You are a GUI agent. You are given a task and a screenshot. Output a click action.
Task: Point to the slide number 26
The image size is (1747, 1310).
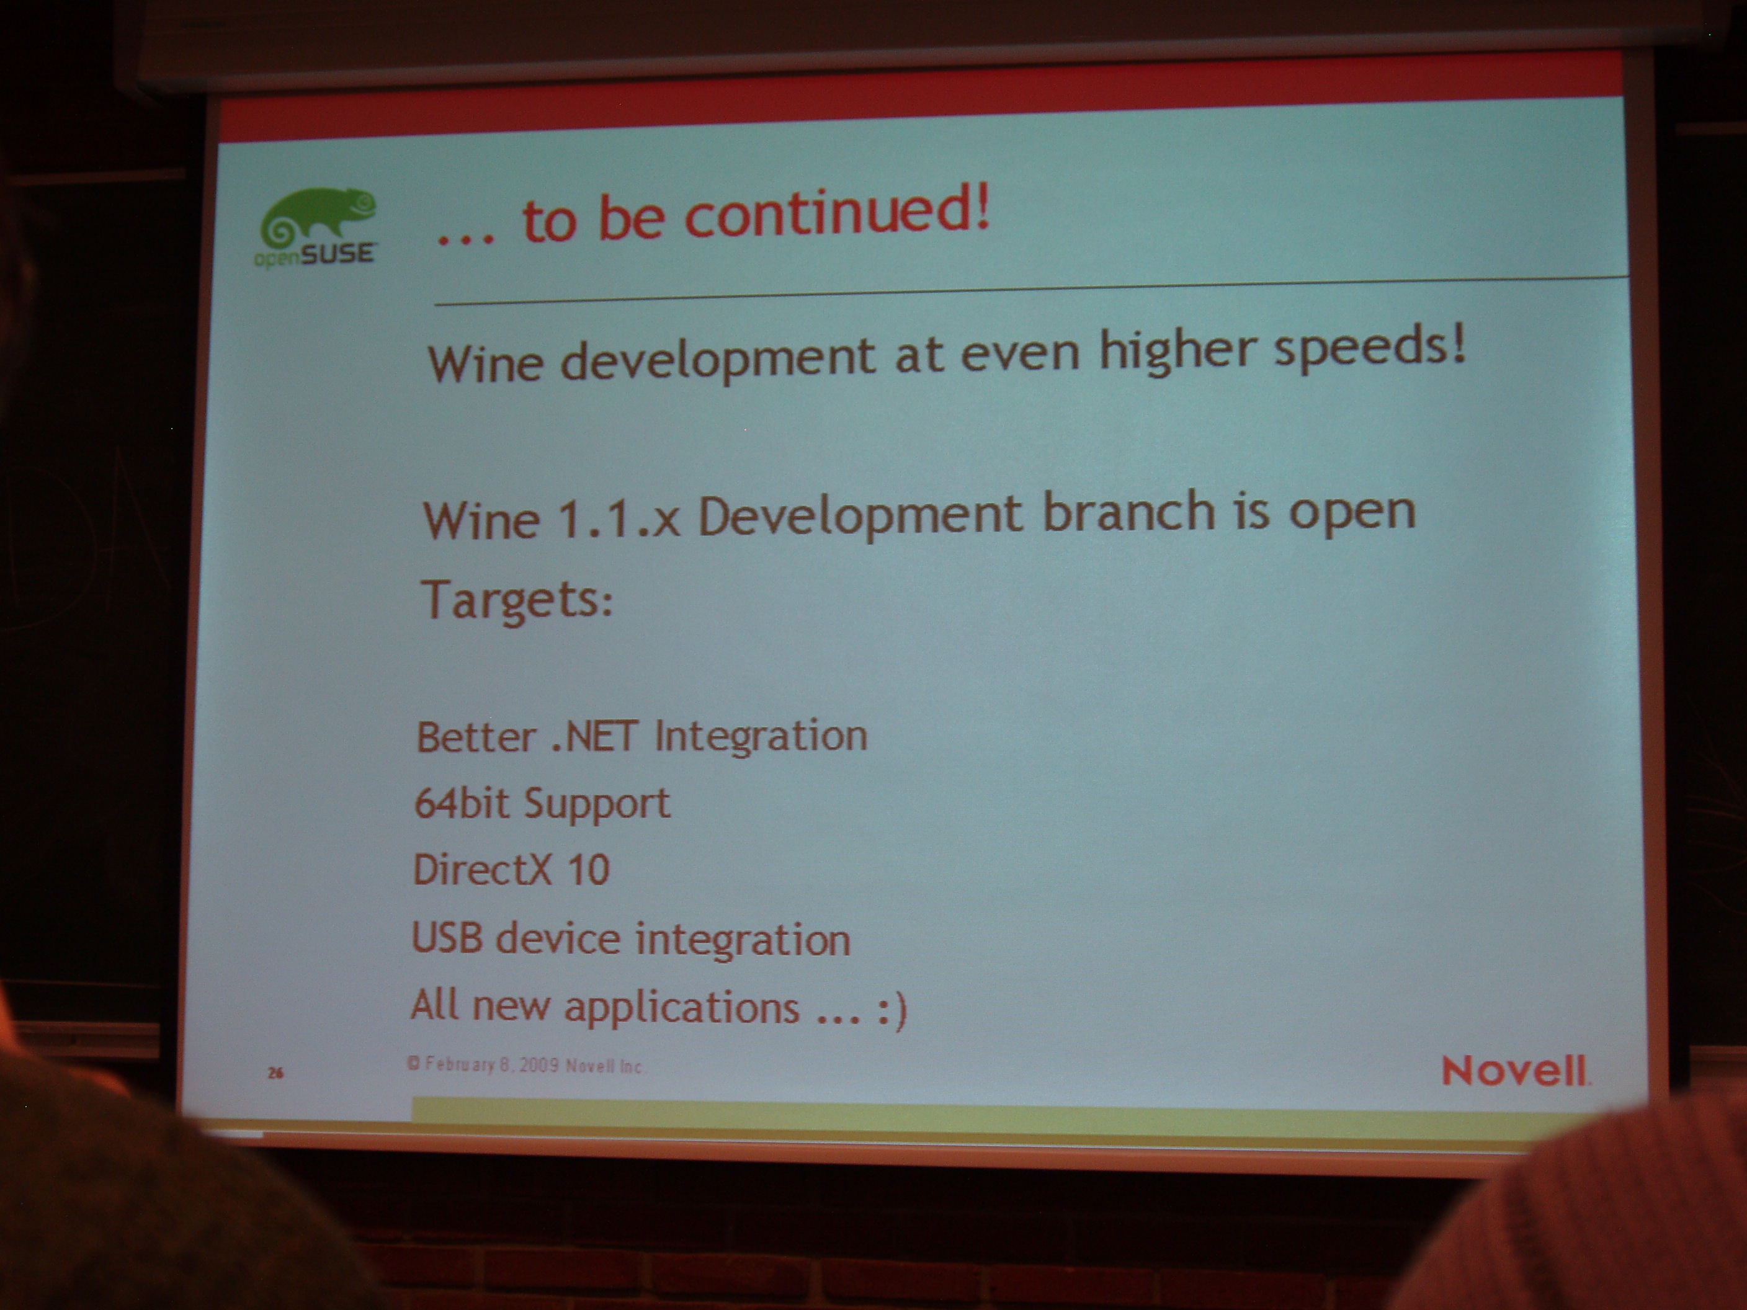(x=275, y=1072)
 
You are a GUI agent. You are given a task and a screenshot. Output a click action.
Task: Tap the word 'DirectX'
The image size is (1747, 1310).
(x=483, y=870)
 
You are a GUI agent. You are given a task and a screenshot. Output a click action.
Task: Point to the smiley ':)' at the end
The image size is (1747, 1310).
(x=893, y=1010)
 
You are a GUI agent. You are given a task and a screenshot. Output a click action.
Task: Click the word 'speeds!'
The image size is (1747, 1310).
(x=1370, y=348)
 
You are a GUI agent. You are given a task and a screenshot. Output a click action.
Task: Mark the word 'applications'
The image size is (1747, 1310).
(x=681, y=1007)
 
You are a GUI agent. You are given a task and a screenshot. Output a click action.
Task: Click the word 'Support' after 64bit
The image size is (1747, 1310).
(x=597, y=804)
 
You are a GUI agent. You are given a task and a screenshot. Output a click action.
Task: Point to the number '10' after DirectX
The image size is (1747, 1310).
(x=588, y=870)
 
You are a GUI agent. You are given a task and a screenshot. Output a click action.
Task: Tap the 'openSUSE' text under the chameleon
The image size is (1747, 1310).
(x=315, y=255)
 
